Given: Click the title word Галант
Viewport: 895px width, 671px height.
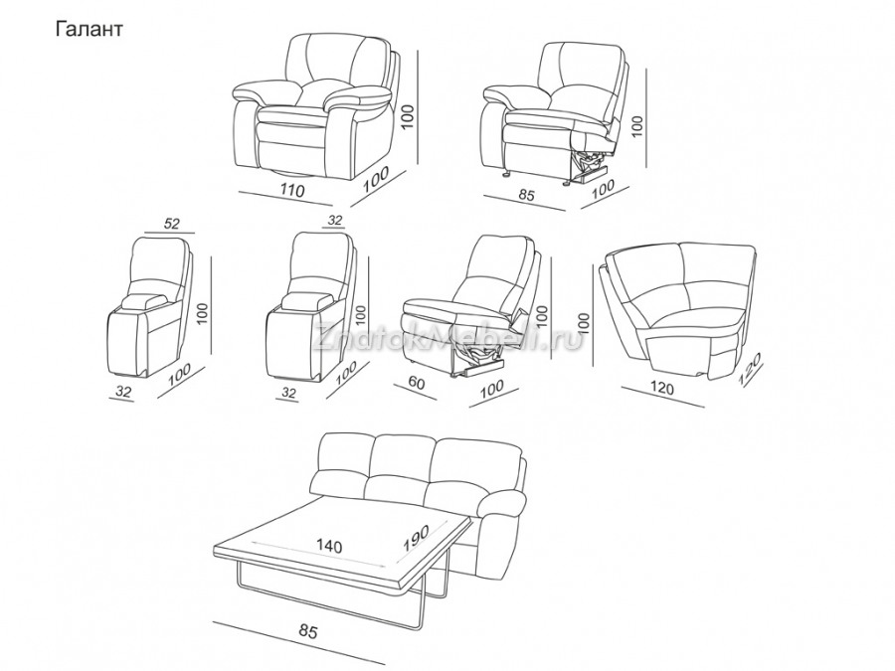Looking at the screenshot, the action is (89, 29).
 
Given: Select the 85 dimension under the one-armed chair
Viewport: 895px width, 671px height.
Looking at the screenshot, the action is (526, 194).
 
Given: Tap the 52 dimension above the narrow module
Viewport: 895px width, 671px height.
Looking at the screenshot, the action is (172, 223).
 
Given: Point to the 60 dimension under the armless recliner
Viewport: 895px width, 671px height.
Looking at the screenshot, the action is (417, 383).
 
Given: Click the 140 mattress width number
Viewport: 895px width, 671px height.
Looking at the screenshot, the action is (329, 546).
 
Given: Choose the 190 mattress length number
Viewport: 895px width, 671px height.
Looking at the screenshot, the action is (415, 537).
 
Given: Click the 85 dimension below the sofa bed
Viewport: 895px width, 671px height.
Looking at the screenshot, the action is (307, 631).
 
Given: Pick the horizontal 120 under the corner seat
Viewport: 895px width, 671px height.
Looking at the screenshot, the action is (661, 388).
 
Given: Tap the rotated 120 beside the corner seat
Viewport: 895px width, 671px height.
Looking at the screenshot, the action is (750, 370).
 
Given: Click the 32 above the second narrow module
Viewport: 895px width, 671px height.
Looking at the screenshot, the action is (334, 219).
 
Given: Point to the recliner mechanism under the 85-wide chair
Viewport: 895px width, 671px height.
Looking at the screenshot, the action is (592, 165).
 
